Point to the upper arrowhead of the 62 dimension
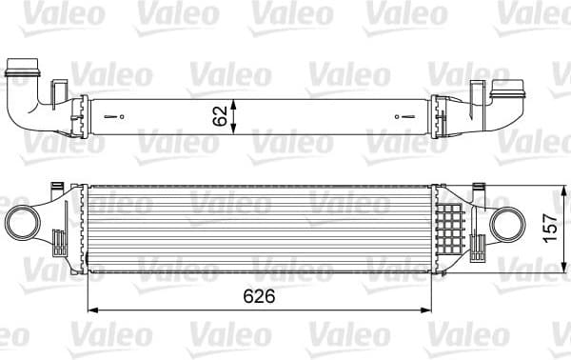coord(236,100)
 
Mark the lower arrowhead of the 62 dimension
coord(236,134)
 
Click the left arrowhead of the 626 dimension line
coord(92,310)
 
